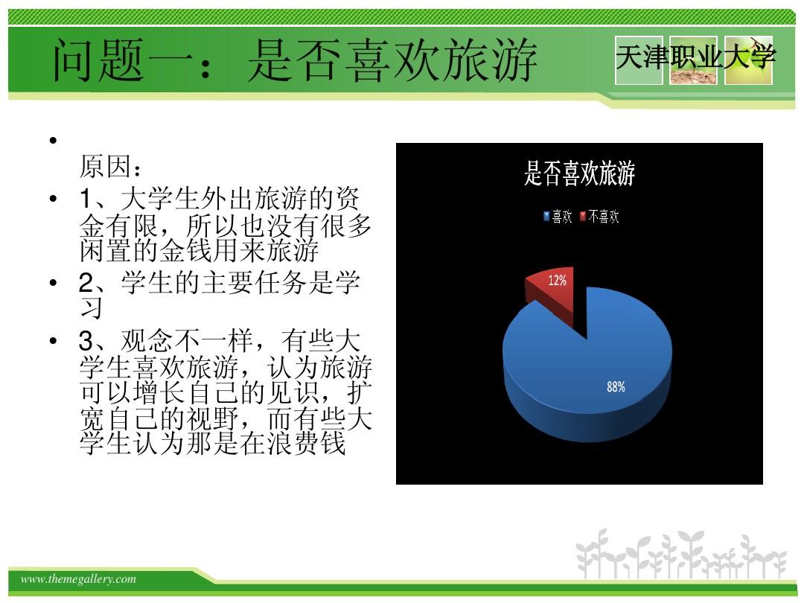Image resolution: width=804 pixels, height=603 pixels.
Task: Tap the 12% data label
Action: (x=558, y=281)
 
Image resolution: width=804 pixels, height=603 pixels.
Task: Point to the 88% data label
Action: (x=616, y=386)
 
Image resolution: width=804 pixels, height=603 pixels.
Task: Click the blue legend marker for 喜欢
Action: (x=546, y=217)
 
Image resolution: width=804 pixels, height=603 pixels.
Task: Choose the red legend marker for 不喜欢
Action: (x=582, y=217)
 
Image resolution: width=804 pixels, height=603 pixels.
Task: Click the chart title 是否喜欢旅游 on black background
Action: (x=579, y=173)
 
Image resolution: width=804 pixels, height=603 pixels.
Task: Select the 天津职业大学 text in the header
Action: (x=695, y=57)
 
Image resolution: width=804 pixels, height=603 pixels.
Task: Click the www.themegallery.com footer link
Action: (x=78, y=579)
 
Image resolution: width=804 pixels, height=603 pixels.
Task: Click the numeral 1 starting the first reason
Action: (x=86, y=199)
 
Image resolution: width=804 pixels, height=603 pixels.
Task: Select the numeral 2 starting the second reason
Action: (x=86, y=283)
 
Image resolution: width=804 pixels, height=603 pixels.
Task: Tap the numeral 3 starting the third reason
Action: (x=86, y=340)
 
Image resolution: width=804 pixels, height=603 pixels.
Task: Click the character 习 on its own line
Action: (x=92, y=307)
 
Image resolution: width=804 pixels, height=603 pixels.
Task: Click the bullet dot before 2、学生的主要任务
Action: (x=53, y=282)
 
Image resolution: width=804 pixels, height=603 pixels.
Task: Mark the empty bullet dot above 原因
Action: (x=53, y=140)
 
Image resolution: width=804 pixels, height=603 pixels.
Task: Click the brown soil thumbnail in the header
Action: (x=693, y=60)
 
